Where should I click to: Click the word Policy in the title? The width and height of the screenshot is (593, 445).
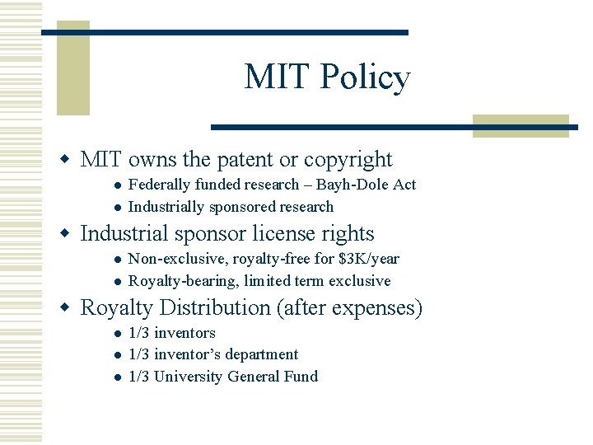click(x=365, y=78)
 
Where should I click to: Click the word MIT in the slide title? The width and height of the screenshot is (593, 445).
click(x=277, y=77)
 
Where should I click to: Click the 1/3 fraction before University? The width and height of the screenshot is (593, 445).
click(x=139, y=376)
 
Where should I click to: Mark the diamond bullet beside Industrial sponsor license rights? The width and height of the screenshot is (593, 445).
click(x=69, y=234)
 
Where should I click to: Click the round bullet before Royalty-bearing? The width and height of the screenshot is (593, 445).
click(x=118, y=281)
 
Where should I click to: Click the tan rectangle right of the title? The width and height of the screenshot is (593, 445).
click(x=521, y=125)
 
